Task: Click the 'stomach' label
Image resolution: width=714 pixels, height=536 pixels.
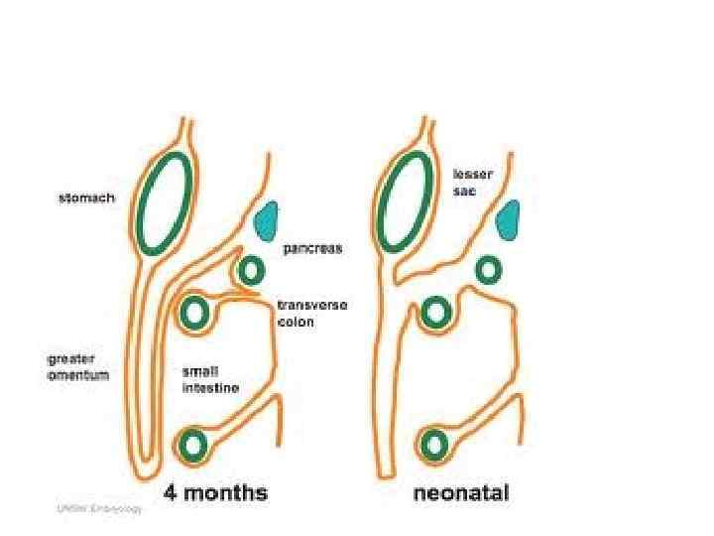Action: pyautogui.click(x=84, y=199)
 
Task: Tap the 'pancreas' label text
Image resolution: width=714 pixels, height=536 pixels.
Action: pyautogui.click(x=312, y=249)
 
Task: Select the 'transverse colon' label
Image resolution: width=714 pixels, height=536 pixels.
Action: pyautogui.click(x=310, y=315)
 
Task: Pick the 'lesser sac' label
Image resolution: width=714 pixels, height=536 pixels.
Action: pyautogui.click(x=472, y=183)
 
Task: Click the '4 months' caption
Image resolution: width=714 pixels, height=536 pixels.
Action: pyautogui.click(x=215, y=492)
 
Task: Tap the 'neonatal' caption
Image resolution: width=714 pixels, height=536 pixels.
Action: pyautogui.click(x=462, y=492)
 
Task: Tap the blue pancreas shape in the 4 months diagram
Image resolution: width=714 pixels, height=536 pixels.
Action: pyautogui.click(x=266, y=222)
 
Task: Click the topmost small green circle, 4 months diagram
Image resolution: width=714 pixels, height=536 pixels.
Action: pyautogui.click(x=251, y=270)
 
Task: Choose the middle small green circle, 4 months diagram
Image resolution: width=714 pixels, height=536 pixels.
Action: pyautogui.click(x=193, y=314)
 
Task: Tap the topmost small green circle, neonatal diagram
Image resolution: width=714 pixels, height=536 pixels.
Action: pyautogui.click(x=488, y=269)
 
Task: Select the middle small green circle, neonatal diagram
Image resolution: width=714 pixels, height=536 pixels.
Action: pyautogui.click(x=434, y=314)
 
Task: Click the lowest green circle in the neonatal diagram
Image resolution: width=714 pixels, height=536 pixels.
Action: pyautogui.click(x=433, y=443)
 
